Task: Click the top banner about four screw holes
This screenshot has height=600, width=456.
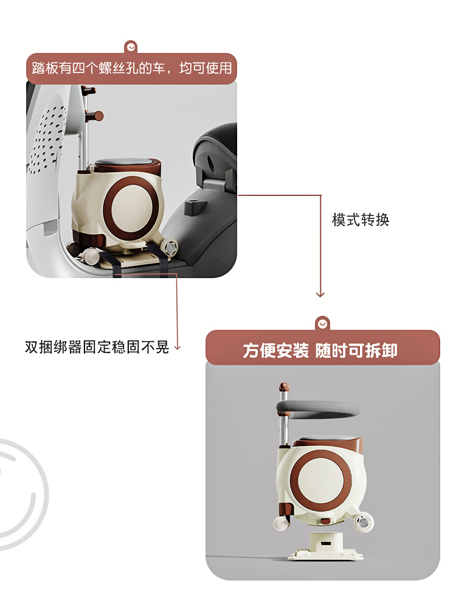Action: click(131, 68)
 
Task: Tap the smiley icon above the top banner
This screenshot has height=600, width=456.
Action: click(131, 46)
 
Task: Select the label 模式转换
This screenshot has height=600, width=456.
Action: click(360, 220)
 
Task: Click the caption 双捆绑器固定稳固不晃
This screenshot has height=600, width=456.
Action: click(97, 347)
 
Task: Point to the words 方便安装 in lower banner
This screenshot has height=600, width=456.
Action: click(276, 351)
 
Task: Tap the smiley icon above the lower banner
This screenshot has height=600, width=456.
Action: click(322, 323)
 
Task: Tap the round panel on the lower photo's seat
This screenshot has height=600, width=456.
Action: click(321, 482)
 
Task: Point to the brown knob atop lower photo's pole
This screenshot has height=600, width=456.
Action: click(283, 387)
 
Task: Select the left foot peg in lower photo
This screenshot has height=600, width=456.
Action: click(280, 524)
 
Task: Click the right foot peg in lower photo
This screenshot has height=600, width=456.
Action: click(364, 522)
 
